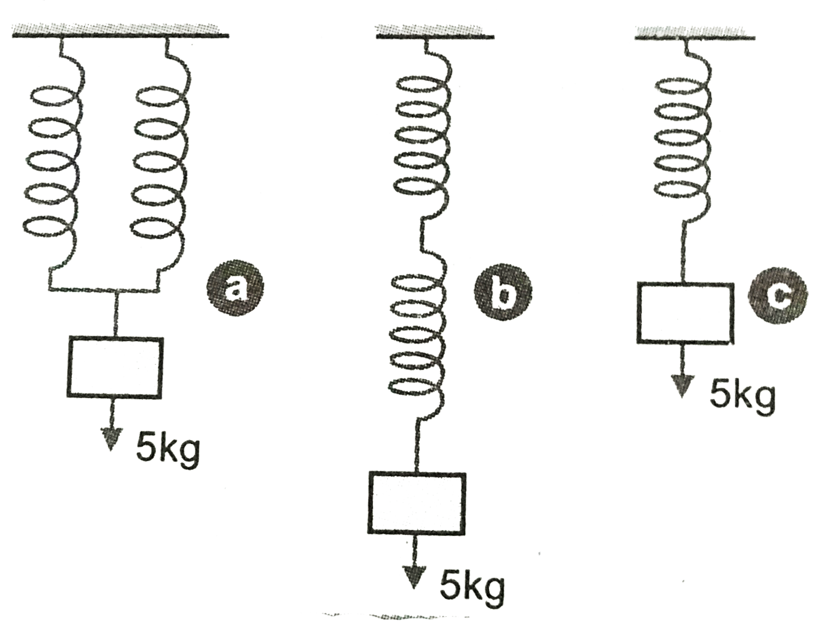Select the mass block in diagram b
pos(416,499)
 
